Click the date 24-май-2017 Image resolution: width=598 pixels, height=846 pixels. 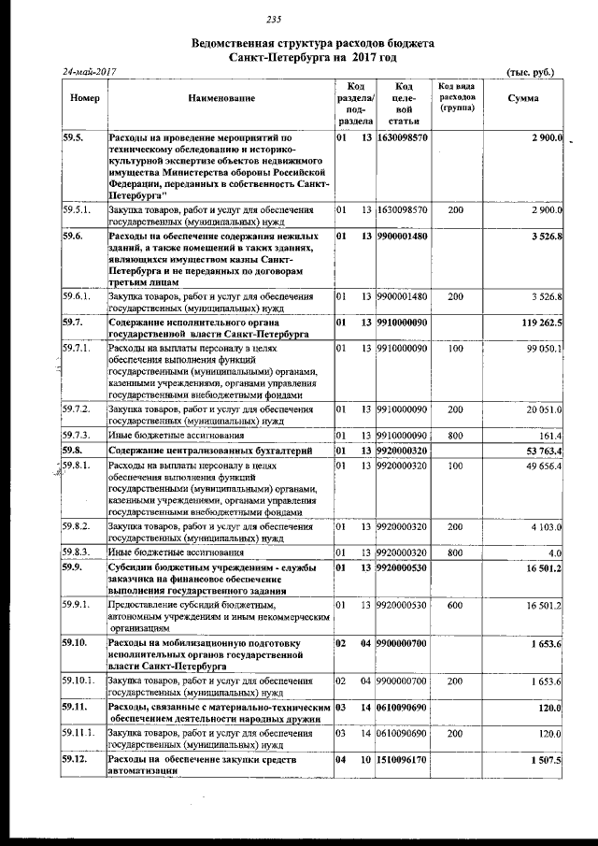click(x=90, y=72)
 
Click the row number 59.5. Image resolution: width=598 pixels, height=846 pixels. click(x=73, y=138)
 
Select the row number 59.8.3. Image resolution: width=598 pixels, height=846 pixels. click(x=77, y=552)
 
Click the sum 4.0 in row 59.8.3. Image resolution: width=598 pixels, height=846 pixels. click(x=554, y=552)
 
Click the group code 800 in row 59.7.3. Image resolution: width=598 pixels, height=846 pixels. click(x=455, y=437)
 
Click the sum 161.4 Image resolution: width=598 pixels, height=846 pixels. click(x=548, y=437)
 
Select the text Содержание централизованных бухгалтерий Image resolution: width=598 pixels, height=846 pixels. click(x=206, y=451)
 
